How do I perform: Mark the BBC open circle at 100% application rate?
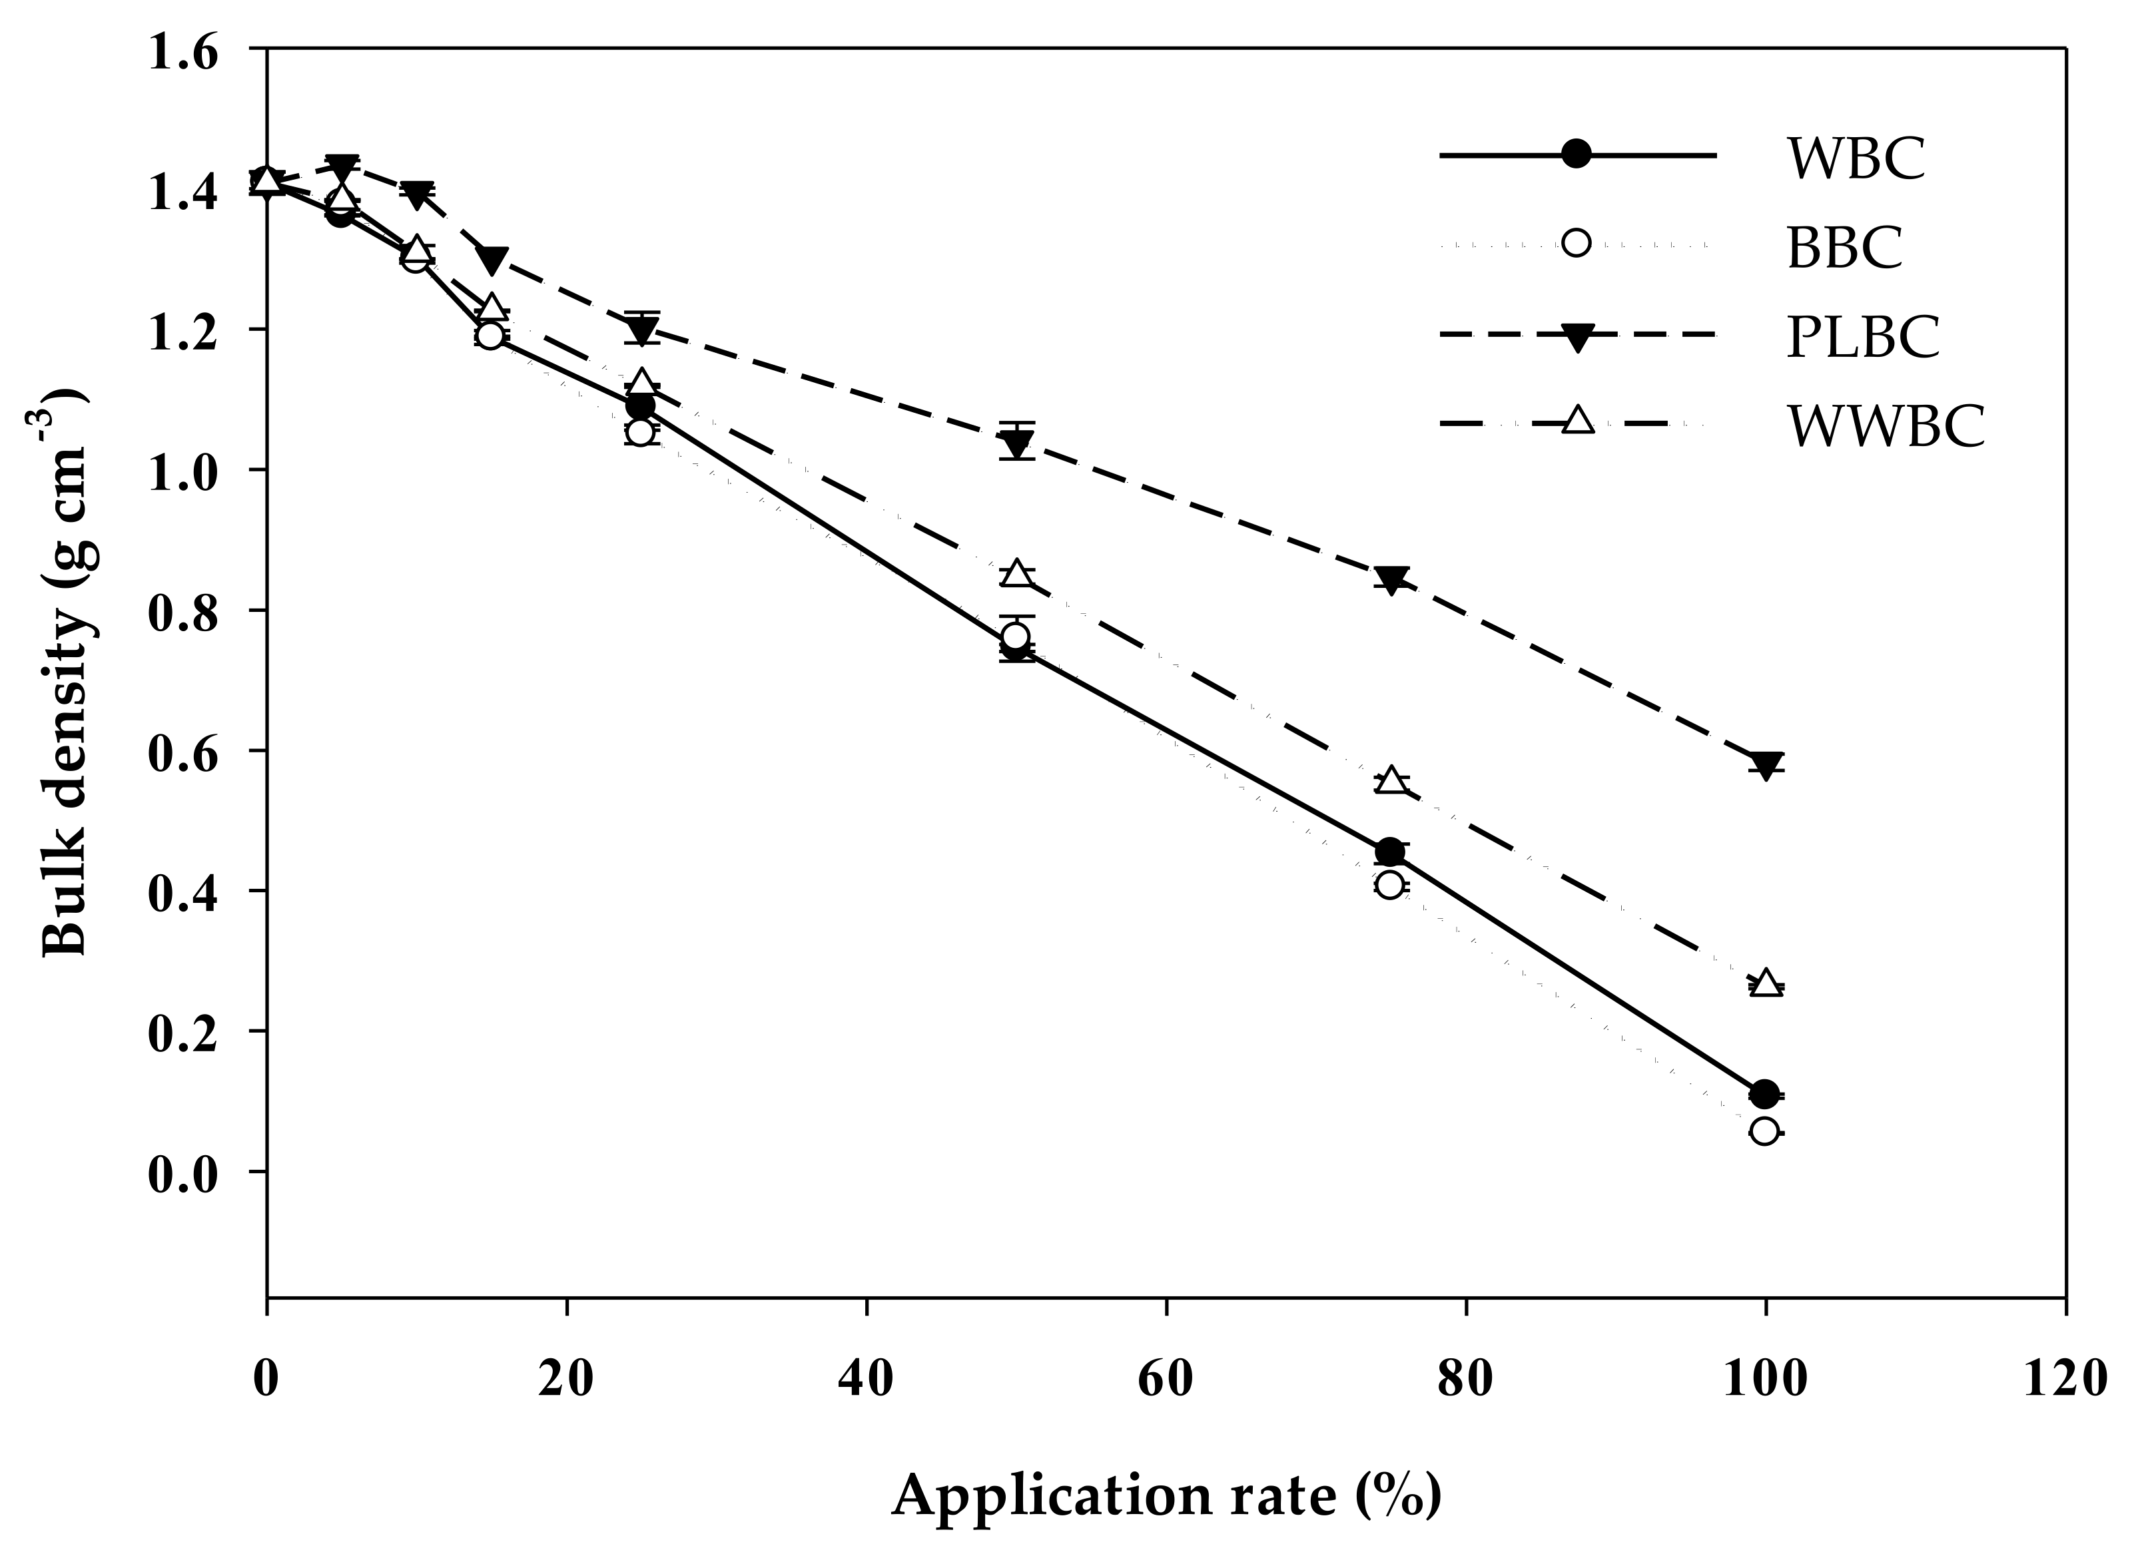1765,1131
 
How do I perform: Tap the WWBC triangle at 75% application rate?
1391,780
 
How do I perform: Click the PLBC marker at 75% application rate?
1391,579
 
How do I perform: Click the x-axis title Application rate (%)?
1166,1493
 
